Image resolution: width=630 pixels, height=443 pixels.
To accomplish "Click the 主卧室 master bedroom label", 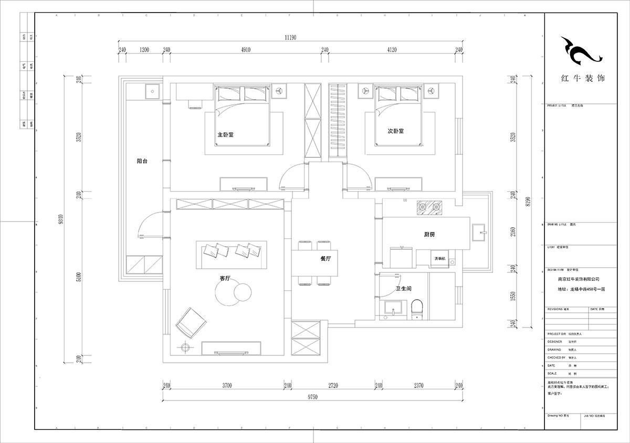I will click(226, 134).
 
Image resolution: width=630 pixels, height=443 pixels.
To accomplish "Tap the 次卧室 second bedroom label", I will click(395, 131).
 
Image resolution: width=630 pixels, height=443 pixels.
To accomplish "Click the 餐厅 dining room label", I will click(325, 259).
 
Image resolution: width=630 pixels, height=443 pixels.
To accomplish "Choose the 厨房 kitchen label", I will click(428, 235).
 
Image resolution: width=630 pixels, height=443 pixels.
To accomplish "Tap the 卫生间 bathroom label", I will click(403, 289).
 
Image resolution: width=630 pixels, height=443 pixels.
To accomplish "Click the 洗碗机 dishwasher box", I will click(439, 259).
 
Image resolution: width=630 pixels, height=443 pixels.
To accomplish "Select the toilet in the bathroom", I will click(417, 308).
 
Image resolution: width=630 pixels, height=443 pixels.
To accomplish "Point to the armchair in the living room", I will click(192, 322).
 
